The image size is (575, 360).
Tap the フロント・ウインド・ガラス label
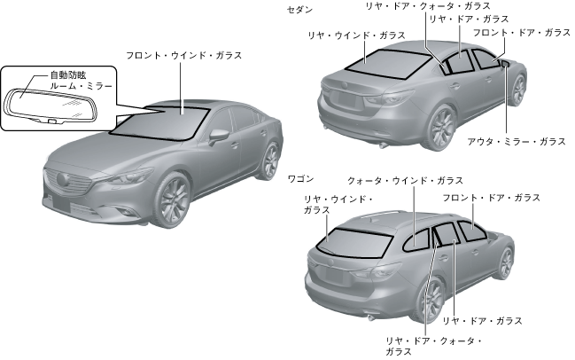(184, 55)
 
